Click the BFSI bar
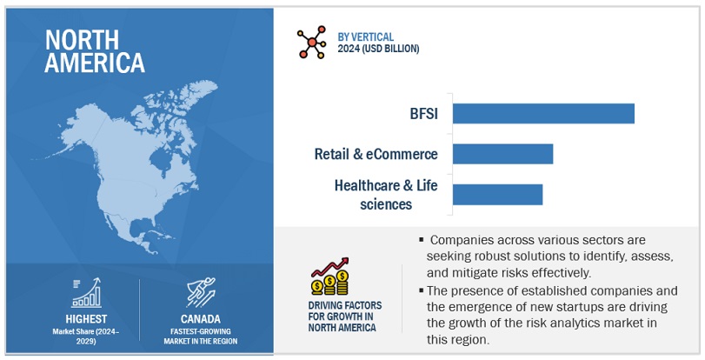tap(543, 113)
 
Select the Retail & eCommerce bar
tap(502, 154)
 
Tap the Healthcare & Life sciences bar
tap(497, 194)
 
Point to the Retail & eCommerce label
tap(376, 155)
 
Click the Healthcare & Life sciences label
tap(373, 194)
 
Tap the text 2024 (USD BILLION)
tap(378, 49)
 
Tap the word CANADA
tap(203, 320)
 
